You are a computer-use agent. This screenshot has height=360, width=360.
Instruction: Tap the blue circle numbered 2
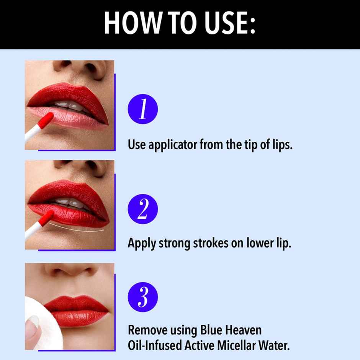pos(142,209)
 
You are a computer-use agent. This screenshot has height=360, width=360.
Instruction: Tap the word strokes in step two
pos(209,243)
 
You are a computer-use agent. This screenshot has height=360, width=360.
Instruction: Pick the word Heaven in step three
pos(246,330)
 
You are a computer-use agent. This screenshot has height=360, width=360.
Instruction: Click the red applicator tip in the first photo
pos(47,119)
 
